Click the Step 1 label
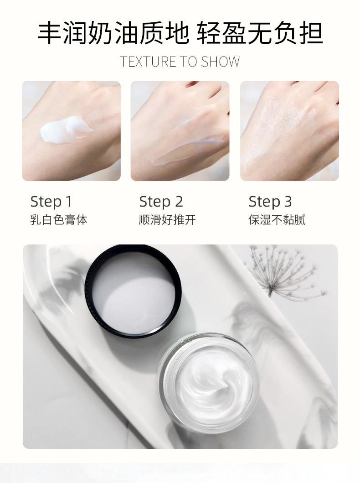point(51,202)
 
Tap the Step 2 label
point(161,202)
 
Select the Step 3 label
point(270,202)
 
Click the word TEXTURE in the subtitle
point(149,62)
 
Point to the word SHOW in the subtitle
point(220,62)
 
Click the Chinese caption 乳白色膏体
point(58,220)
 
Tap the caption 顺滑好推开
point(167,220)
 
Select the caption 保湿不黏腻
point(277,220)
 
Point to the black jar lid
point(133,290)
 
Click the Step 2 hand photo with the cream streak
point(180,131)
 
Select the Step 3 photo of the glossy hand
point(289,131)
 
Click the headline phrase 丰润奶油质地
point(113,33)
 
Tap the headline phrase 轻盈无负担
point(260,33)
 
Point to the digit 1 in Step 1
point(69,202)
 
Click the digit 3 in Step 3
point(288,202)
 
